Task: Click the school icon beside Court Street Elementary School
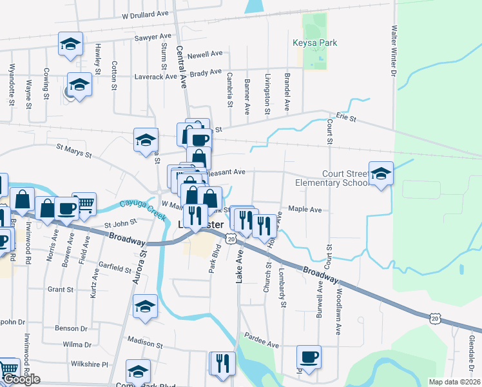coord(381,174)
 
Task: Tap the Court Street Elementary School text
coord(330,178)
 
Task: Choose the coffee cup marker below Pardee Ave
coord(309,357)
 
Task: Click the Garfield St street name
coord(115,264)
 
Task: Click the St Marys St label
coord(74,152)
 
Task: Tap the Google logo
coord(21,379)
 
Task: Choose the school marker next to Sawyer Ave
coord(70,44)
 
